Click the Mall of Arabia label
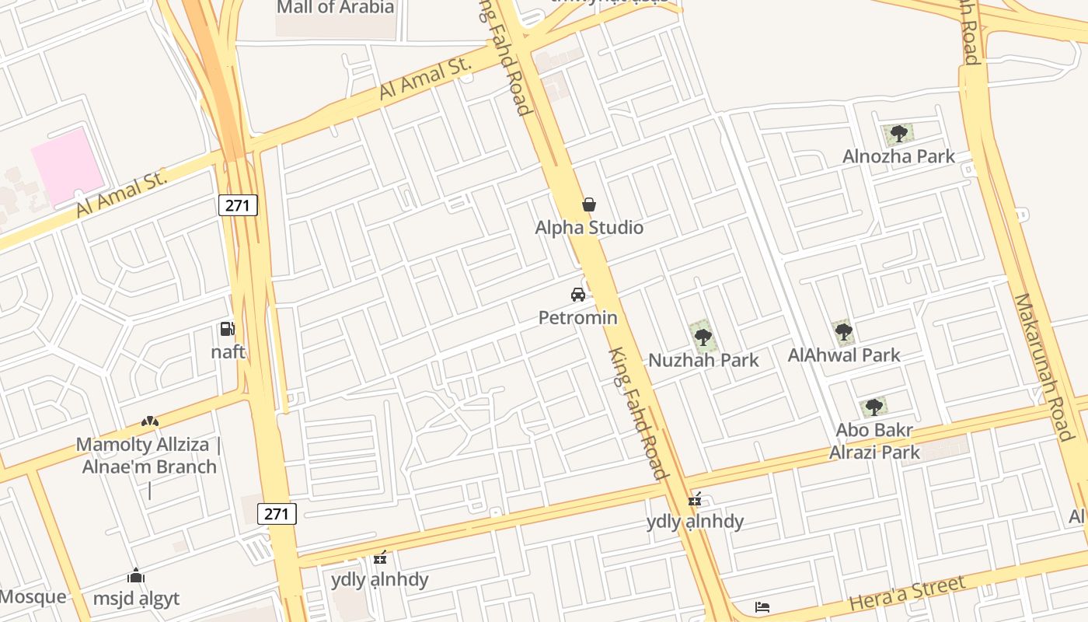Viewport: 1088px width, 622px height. [x=336, y=8]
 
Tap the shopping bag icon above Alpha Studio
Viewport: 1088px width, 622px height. [x=589, y=204]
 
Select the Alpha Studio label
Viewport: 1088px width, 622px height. [x=589, y=228]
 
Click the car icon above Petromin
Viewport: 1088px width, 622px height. [x=578, y=295]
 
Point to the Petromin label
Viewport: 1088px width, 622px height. [x=578, y=317]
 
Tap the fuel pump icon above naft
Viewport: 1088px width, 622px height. [x=227, y=329]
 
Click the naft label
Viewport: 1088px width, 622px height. [x=228, y=351]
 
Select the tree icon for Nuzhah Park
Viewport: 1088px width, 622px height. [x=703, y=337]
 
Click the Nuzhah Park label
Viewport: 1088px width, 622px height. [x=703, y=360]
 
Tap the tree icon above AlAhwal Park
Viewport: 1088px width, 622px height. [x=843, y=333]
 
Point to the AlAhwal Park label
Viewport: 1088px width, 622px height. [x=844, y=355]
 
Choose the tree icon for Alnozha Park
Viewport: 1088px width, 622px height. [x=898, y=134]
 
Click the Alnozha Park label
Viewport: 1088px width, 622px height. [x=898, y=156]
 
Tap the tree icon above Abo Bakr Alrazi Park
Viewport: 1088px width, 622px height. [x=874, y=407]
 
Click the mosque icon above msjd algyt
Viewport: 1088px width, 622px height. [x=136, y=576]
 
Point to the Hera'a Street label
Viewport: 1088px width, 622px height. [x=907, y=592]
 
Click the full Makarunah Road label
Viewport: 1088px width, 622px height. [x=1054, y=367]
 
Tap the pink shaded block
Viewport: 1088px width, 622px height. [x=68, y=166]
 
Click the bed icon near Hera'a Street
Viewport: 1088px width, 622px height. [x=762, y=606]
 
